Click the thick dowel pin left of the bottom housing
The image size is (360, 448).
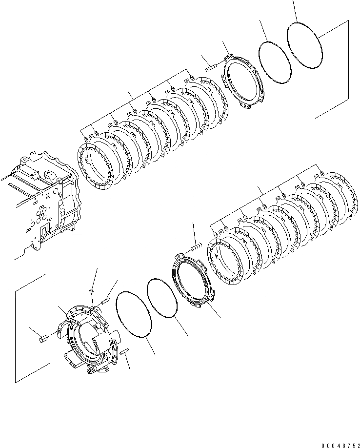point(42,337)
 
